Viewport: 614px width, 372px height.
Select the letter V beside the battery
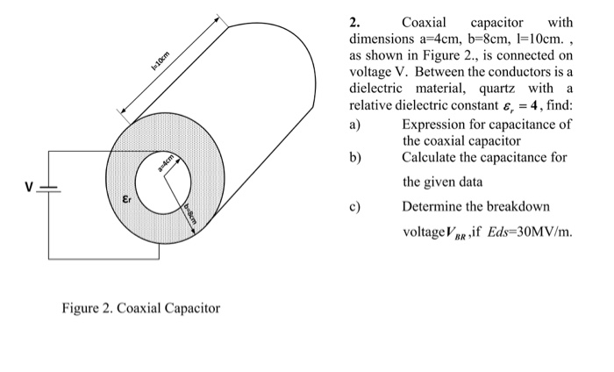[28, 187]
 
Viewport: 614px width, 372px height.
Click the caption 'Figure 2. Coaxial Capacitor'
[140, 308]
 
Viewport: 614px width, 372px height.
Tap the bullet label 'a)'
[354, 124]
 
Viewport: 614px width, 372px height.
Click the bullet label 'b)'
[354, 157]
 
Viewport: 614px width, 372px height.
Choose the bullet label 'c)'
[354, 207]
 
